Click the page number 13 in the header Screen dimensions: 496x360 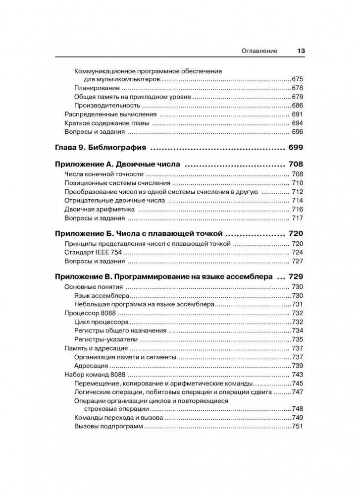301,51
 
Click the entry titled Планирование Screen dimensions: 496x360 95,88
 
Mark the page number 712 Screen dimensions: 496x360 297,192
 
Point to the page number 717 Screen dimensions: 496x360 297,219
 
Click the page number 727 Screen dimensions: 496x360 297,261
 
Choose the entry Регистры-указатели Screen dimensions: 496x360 105,340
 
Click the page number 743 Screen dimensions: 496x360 297,375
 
